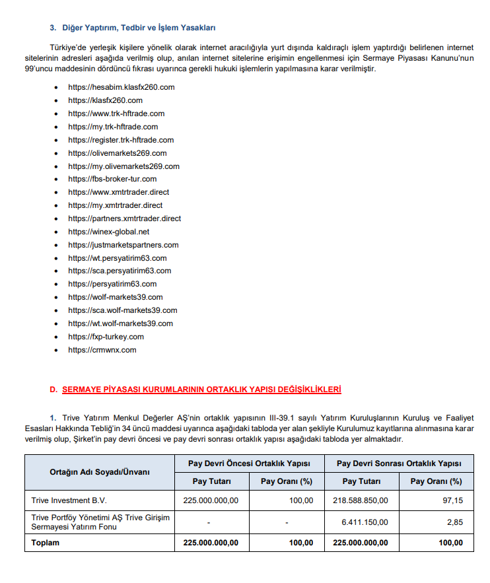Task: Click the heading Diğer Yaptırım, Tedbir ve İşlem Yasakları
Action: coord(139,28)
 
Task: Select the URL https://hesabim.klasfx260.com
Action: coord(121,87)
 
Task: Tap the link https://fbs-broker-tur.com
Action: coord(112,179)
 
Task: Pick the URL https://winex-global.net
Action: coord(108,232)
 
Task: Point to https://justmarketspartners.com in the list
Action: coord(123,245)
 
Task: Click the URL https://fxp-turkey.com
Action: coord(106,337)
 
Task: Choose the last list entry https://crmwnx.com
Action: coord(102,350)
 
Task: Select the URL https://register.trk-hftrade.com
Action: coord(121,140)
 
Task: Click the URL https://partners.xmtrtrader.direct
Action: coord(124,219)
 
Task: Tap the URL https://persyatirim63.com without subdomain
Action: coord(112,284)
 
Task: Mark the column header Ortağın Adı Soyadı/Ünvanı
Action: coord(100,472)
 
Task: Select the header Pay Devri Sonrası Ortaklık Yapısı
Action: coord(399,463)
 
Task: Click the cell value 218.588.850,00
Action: coord(361,500)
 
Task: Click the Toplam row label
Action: coord(45,543)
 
